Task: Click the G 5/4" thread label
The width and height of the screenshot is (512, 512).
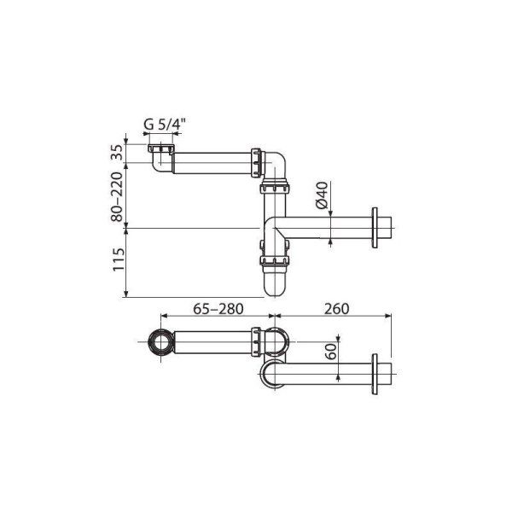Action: [163, 124]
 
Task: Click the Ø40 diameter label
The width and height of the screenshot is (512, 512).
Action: [322, 199]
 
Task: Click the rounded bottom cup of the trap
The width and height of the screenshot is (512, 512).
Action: [275, 282]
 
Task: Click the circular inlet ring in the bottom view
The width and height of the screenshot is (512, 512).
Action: [158, 343]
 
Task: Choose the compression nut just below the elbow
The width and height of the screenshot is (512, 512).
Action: [275, 189]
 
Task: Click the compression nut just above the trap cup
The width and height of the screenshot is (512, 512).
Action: [275, 255]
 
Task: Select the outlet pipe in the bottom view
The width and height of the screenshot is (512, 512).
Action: [324, 373]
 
